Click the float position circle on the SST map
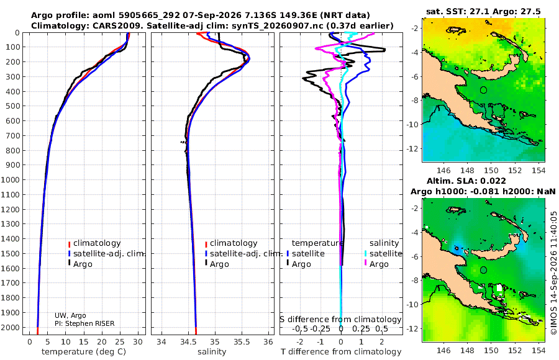point(483,90)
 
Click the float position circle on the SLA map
point(483,270)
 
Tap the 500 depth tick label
point(12,106)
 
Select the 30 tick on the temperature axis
point(138,342)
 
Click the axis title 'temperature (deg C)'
point(84,352)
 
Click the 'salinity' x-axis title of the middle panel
point(212,352)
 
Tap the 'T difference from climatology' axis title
point(341,352)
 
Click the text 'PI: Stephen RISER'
point(84,323)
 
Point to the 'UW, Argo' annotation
point(70,315)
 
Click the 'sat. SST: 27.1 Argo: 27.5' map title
point(483,11)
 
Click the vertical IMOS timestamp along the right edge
point(553,272)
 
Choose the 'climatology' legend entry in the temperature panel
point(94,243)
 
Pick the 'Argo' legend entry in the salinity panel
point(217,264)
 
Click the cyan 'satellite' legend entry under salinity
point(383,254)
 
